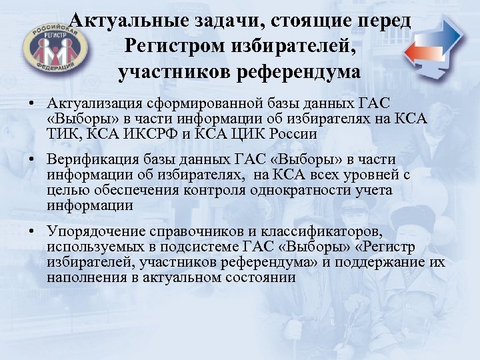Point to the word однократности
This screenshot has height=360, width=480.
coord(292,189)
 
